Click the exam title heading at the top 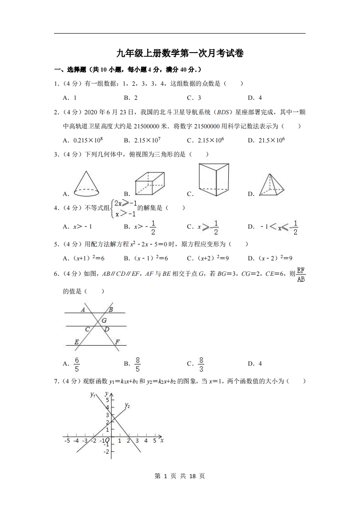pyautogui.click(x=180, y=54)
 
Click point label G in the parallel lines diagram pyautogui.click(x=104, y=321)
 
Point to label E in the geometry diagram pyautogui.click(x=76, y=342)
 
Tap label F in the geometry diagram pyautogui.click(x=117, y=342)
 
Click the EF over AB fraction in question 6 pyautogui.click(x=301, y=275)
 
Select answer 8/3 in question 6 pyautogui.click(x=201, y=364)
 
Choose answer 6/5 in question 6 pyautogui.click(x=77, y=364)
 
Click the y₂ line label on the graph pyautogui.click(x=128, y=405)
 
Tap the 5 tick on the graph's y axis pyautogui.click(x=108, y=400)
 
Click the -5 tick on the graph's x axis pyautogui.click(x=67, y=440)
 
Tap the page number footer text pyautogui.click(x=180, y=476)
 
